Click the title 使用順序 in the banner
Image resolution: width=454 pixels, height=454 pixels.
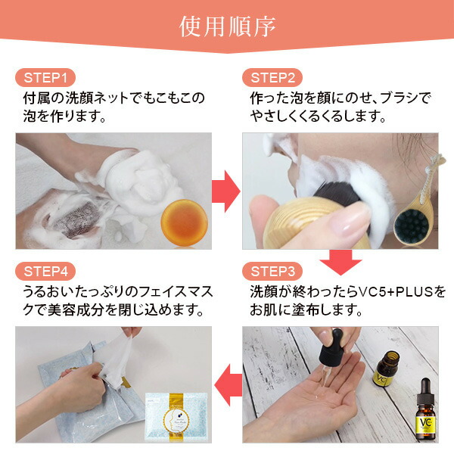pyautogui.click(x=227, y=26)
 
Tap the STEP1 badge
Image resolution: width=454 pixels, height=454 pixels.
pyautogui.click(x=45, y=78)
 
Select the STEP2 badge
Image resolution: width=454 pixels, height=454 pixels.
pyautogui.click(x=272, y=78)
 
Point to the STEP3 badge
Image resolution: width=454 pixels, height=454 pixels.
pyautogui.click(x=272, y=272)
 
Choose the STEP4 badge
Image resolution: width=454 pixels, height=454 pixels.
pyautogui.click(x=45, y=272)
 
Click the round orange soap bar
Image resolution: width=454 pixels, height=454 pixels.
pyautogui.click(x=184, y=222)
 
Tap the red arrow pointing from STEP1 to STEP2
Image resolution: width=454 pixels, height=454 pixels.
pyautogui.click(x=226, y=191)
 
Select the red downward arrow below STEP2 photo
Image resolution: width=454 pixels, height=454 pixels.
pyautogui.click(x=340, y=263)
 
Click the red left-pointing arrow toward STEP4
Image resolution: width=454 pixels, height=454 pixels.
pyautogui.click(x=229, y=385)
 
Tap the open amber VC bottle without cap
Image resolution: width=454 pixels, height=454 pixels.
pyautogui.click(x=387, y=369)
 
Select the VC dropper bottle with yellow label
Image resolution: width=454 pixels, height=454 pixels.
pyautogui.click(x=425, y=410)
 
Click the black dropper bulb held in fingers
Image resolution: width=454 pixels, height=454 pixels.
pyautogui.click(x=331, y=347)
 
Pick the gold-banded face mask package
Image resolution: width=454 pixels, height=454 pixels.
pyautogui.click(x=176, y=418)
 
